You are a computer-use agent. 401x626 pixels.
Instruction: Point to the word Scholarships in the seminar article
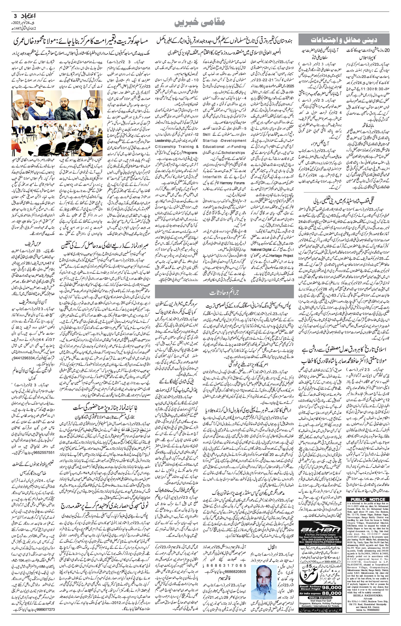235,153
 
